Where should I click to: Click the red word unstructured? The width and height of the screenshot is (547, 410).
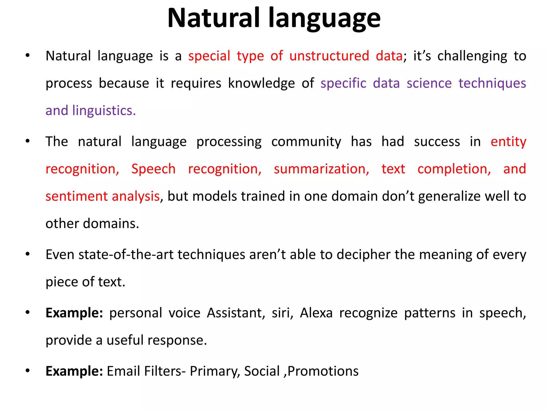[x=329, y=56]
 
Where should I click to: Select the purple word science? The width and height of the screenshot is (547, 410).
[x=429, y=83]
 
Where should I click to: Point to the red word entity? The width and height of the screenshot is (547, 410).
[x=508, y=142]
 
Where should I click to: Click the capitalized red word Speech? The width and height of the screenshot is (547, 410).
[x=153, y=169]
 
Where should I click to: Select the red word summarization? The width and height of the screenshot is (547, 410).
[x=321, y=169]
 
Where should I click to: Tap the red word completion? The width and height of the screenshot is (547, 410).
[x=454, y=169]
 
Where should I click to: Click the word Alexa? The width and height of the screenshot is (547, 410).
[x=316, y=313]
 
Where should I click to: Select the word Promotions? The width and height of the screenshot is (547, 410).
[x=323, y=371]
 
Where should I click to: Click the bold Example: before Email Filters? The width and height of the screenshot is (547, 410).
[x=74, y=371]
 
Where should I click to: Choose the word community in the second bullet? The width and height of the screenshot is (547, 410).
[x=306, y=142]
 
